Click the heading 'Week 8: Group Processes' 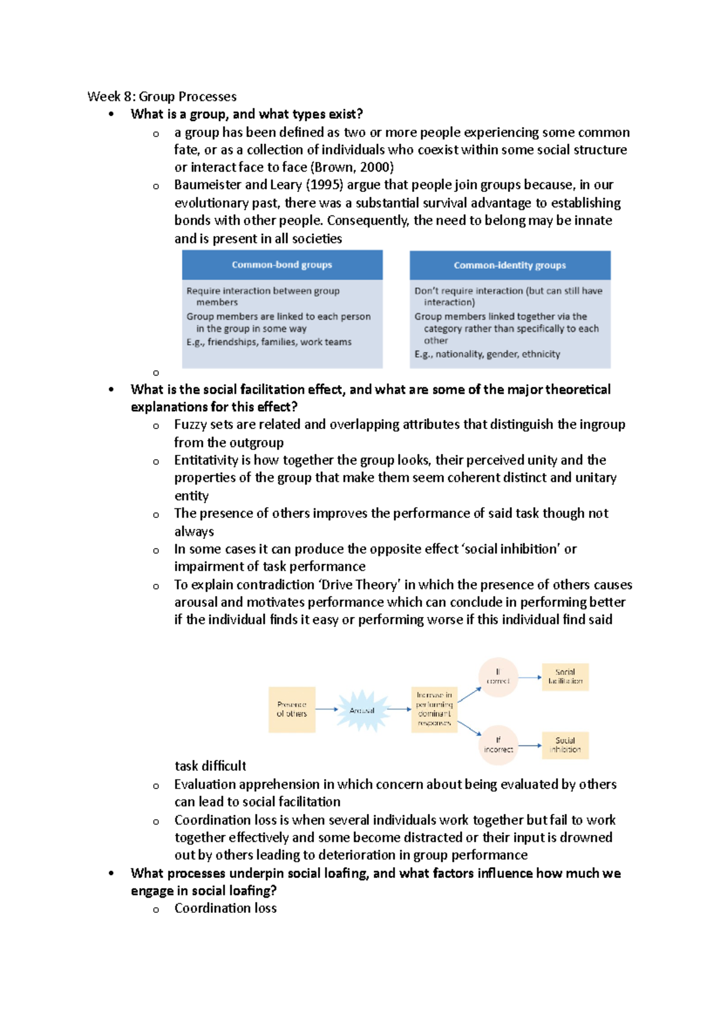pos(162,97)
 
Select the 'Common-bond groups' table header pos(282,265)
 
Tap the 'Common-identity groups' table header pos(510,265)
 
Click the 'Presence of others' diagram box pos(292,709)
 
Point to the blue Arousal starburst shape pos(362,711)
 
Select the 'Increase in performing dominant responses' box pos(434,709)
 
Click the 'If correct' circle pos(498,677)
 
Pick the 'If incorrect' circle pos(498,745)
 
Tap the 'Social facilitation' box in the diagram pos(565,677)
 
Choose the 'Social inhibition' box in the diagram pos(565,745)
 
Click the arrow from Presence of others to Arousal pos(327,709)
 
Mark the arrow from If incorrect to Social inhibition pos(530,745)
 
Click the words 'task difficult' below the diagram pos(210,766)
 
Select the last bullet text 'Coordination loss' pos(226,908)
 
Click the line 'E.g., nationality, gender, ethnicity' pos(487,354)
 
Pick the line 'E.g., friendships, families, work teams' pos(269,342)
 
